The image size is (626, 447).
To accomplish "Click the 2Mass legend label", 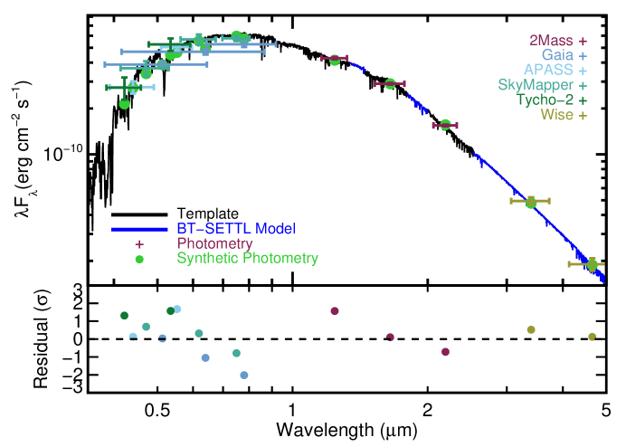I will tap(552, 41).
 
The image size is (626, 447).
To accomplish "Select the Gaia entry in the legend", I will tap(558, 55).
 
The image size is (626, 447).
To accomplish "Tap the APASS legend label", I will tap(549, 70).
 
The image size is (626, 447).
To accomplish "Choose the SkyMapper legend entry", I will tap(536, 85).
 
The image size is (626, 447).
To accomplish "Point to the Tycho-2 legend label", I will tap(545, 100).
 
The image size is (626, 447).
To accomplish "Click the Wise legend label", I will tap(557, 114).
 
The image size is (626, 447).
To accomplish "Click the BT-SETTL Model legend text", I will tap(235, 229).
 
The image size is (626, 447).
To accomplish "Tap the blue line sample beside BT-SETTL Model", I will tap(139, 229).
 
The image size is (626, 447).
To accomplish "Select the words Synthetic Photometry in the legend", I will tap(247, 259).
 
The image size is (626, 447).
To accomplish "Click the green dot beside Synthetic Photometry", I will tap(139, 259).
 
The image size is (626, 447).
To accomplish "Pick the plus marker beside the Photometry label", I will tap(139, 244).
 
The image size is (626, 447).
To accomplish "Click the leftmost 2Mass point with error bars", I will tap(335, 60).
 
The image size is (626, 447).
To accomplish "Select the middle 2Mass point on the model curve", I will tap(390, 83).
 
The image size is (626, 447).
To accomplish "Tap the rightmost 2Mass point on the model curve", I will tap(445, 125).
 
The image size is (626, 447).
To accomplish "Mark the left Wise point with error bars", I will tap(531, 202).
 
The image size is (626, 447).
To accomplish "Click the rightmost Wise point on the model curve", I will tap(592, 264).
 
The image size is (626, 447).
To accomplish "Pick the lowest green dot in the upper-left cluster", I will tap(124, 103).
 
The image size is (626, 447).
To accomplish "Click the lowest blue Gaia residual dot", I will tap(243, 375).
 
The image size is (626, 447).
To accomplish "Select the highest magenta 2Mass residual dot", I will tap(335, 311).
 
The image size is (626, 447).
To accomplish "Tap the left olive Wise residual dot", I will tap(531, 330).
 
